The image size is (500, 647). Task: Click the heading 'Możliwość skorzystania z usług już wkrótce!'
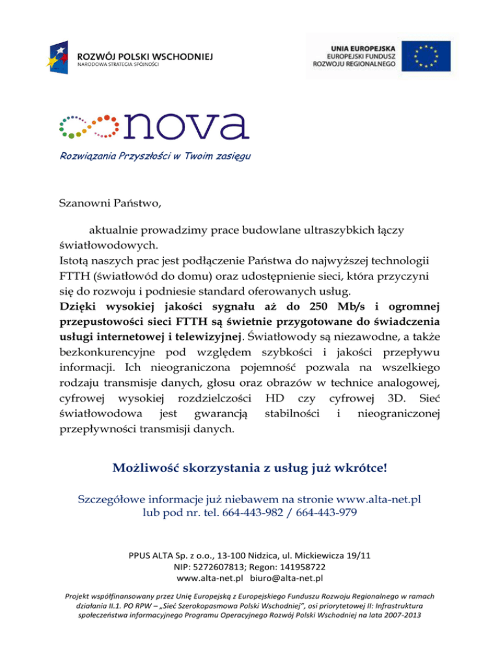250,468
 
